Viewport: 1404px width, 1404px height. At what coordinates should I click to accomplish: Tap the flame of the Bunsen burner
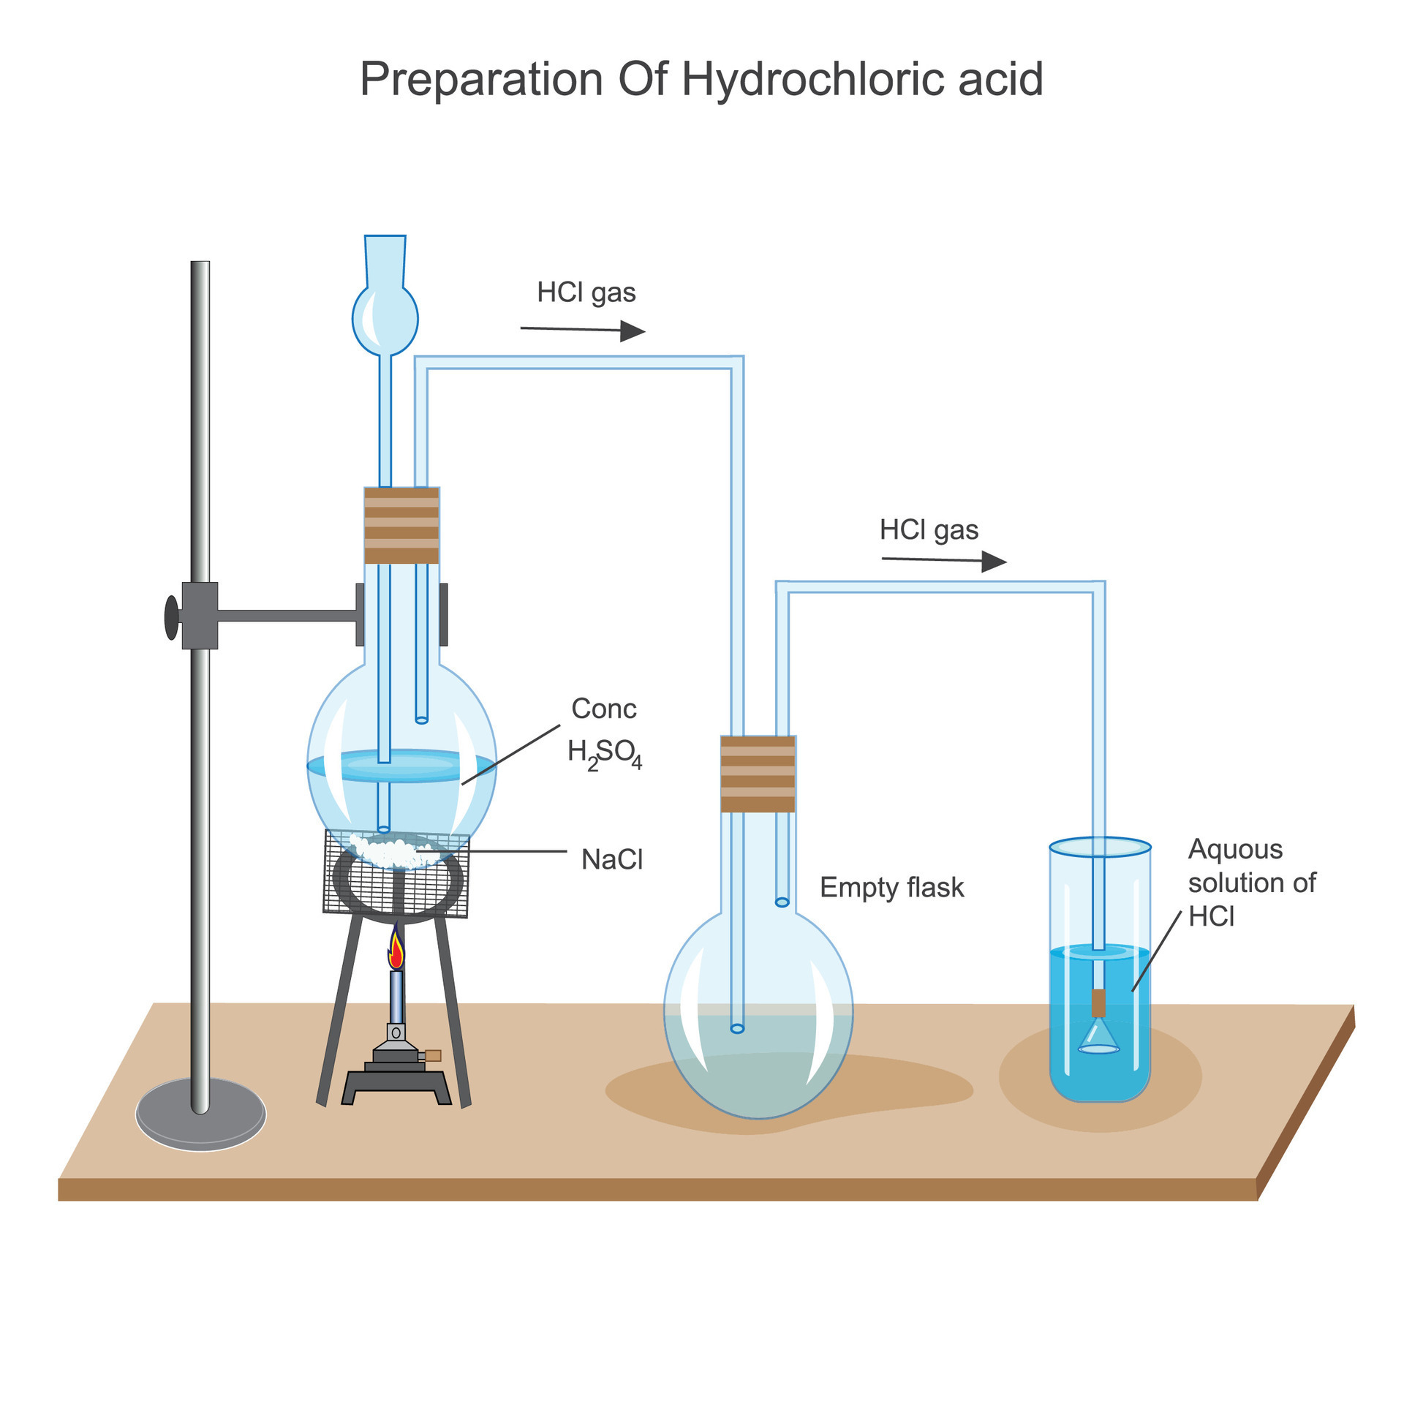pos(396,951)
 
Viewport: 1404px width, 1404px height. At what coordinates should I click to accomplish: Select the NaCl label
pos(611,859)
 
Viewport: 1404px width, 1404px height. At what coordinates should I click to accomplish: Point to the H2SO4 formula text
pos(604,753)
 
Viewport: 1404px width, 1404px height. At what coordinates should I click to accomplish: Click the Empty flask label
pos(891,887)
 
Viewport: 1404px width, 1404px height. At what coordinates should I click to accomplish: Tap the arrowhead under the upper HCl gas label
pos(632,331)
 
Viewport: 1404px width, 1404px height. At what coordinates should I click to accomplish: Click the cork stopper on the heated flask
pos(401,525)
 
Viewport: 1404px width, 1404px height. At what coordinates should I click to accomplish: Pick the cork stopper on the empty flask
pos(758,774)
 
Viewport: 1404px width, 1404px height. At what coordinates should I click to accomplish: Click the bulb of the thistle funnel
pos(385,319)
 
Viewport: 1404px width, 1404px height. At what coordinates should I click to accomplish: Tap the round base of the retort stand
pos(200,1114)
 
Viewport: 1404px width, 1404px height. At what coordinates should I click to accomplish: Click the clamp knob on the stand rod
pos(171,617)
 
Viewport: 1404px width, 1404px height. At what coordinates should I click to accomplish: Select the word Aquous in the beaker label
pos(1235,849)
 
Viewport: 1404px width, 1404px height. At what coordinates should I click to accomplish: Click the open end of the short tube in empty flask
pos(782,902)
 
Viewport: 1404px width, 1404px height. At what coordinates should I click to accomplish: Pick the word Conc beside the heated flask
pos(603,709)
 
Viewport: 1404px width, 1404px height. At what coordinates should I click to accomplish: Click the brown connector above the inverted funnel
pos(1098,1003)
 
